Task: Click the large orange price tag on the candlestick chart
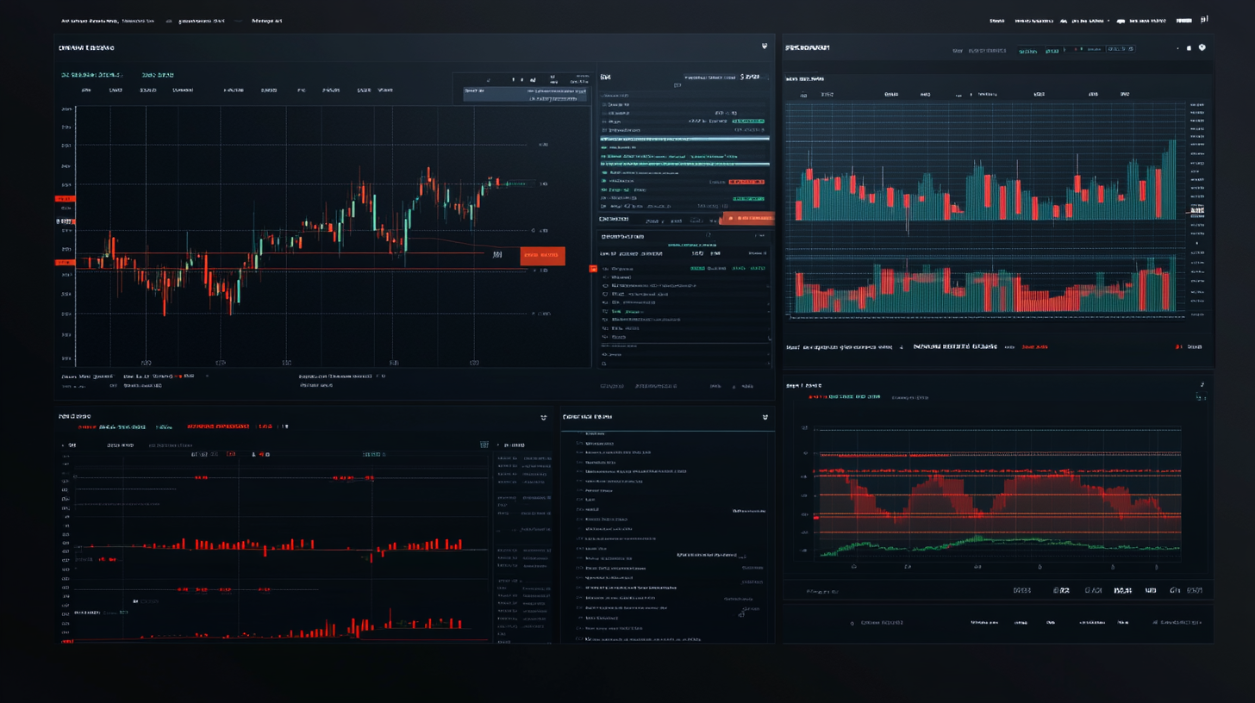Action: pyautogui.click(x=542, y=255)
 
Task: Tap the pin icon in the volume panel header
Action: pyautogui.click(x=1202, y=48)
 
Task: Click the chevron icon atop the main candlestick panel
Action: pyautogui.click(x=764, y=47)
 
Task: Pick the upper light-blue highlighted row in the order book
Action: pyautogui.click(x=684, y=138)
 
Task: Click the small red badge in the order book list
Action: pyautogui.click(x=746, y=182)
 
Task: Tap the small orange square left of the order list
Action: pyautogui.click(x=593, y=269)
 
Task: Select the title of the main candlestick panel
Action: pyautogui.click(x=86, y=48)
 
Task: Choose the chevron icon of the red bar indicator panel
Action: pyautogui.click(x=543, y=417)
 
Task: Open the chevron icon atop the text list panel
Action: pyautogui.click(x=765, y=417)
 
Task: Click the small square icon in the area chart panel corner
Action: pyautogui.click(x=1199, y=397)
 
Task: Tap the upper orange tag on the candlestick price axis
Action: pyautogui.click(x=66, y=199)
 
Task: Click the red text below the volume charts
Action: pyautogui.click(x=1034, y=347)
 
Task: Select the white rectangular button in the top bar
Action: pyautogui.click(x=1183, y=19)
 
